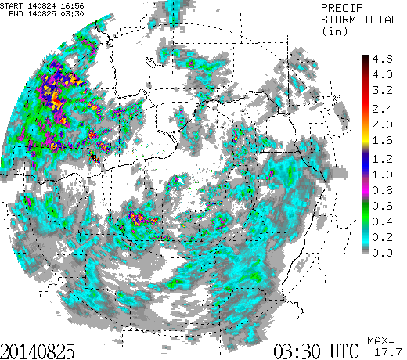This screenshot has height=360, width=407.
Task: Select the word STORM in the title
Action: click(x=338, y=19)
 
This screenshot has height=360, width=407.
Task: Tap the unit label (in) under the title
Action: click(x=334, y=31)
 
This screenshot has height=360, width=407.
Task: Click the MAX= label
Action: click(x=381, y=341)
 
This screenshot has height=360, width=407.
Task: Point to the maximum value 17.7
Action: click(x=386, y=353)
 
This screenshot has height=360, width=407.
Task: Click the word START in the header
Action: click(x=13, y=5)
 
